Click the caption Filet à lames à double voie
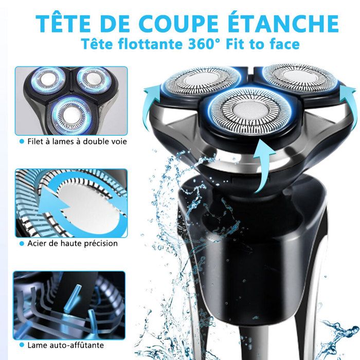(73, 141)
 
